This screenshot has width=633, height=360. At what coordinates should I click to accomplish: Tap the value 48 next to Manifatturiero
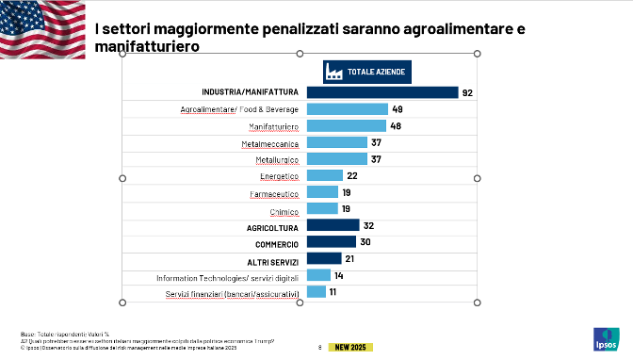click(397, 126)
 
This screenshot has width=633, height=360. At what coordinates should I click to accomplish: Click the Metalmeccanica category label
click(269, 143)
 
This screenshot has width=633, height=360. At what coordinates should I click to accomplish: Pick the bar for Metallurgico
click(337, 159)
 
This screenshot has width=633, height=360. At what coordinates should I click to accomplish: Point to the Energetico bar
click(325, 175)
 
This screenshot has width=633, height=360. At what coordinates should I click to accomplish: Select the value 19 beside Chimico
click(347, 209)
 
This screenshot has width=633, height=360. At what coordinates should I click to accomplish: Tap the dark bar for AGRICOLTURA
click(333, 225)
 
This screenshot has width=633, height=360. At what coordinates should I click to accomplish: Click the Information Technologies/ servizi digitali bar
click(318, 275)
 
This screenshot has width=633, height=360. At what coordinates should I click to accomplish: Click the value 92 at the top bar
click(466, 92)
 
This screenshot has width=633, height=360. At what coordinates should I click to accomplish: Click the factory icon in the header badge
click(333, 72)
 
